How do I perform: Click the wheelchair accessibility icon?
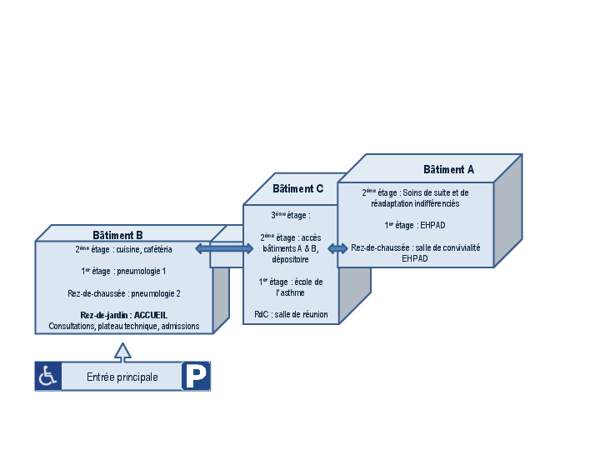point(47,377)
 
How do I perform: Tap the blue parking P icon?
point(196,377)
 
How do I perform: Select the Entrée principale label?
point(122,377)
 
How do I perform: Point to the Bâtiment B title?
point(123,235)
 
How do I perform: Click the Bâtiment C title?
point(297,189)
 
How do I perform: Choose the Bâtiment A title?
point(448,169)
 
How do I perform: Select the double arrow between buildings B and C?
point(224,248)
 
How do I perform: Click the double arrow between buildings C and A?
point(337,248)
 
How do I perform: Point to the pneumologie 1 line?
point(123,271)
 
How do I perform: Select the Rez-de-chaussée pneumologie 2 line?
point(123,293)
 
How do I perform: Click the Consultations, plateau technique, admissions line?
point(123,326)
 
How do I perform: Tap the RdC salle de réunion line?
point(291,314)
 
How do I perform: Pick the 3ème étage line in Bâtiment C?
point(291,215)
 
